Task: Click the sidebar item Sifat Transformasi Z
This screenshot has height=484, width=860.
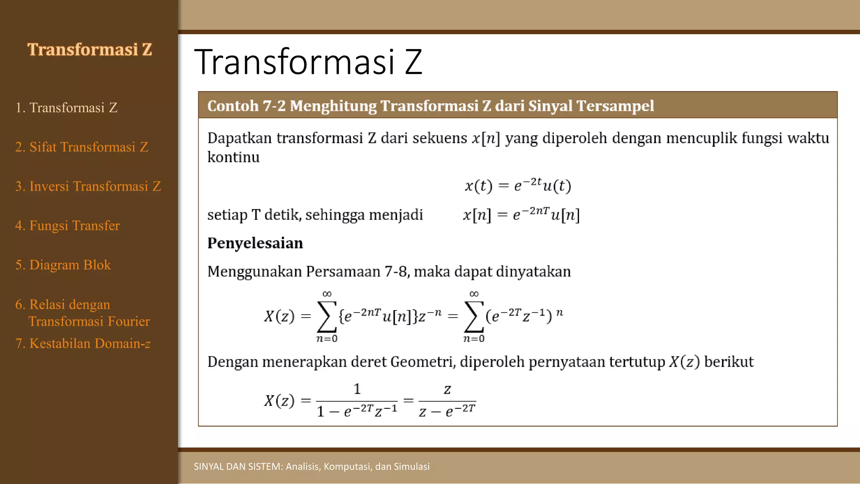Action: point(82,147)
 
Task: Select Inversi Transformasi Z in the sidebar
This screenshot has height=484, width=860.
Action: point(88,186)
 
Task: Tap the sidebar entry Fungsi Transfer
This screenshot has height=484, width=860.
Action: point(68,226)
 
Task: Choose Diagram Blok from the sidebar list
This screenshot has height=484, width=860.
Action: point(63,265)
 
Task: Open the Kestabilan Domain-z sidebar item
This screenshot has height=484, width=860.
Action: point(83,344)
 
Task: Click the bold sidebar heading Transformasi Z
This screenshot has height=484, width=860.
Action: point(89,50)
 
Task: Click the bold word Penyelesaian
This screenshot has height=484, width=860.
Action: point(255,243)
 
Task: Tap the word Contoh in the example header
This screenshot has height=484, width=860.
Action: point(233,106)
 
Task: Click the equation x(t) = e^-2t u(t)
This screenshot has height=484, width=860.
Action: point(518,185)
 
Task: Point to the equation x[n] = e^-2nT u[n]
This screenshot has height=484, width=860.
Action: point(521,215)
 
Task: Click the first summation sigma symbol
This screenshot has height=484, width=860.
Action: point(327,316)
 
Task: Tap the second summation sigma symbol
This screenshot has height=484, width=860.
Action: point(474,316)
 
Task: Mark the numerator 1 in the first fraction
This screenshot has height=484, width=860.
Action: point(357,389)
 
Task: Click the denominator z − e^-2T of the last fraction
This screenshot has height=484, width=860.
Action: point(447,411)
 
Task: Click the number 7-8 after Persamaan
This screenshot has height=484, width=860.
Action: point(396,272)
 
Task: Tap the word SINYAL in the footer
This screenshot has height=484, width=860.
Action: point(208,466)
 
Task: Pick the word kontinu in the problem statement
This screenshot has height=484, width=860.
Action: point(233,158)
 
